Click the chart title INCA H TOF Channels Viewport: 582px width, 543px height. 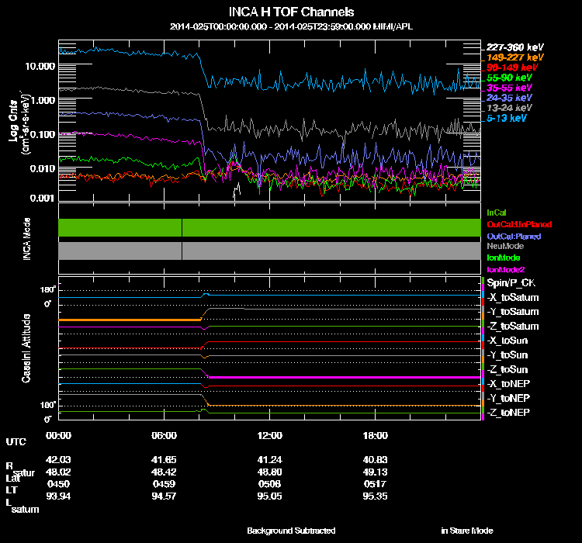pyautogui.click(x=291, y=12)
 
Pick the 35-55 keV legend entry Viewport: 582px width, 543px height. pyautogui.click(x=510, y=88)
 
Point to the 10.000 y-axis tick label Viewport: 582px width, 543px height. pyautogui.click(x=40, y=67)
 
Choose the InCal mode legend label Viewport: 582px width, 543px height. pyautogui.click(x=496, y=212)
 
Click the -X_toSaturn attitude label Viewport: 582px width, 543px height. pyautogui.click(x=512, y=298)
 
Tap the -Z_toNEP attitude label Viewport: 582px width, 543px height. pyautogui.click(x=508, y=412)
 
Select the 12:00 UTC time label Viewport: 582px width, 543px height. pyautogui.click(x=269, y=435)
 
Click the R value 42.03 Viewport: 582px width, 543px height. pyautogui.click(x=60, y=460)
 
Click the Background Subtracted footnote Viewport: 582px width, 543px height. pyautogui.click(x=291, y=531)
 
